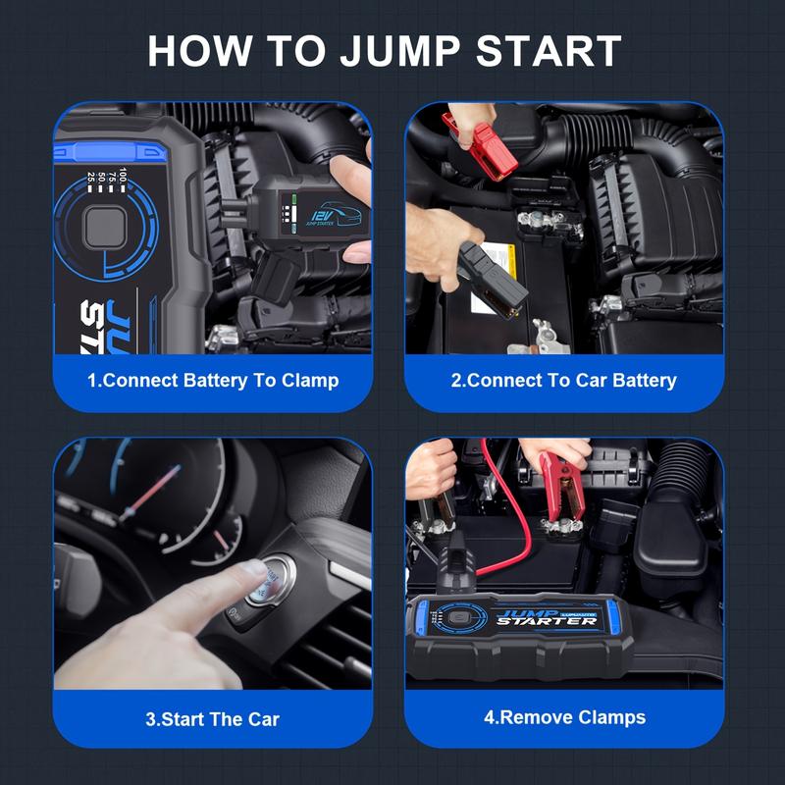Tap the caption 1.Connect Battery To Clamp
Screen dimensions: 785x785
pyautogui.click(x=213, y=380)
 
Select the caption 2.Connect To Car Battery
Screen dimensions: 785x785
pyautogui.click(x=564, y=380)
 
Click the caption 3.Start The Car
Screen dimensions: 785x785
pyautogui.click(x=213, y=719)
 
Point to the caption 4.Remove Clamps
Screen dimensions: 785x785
pyautogui.click(x=564, y=717)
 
